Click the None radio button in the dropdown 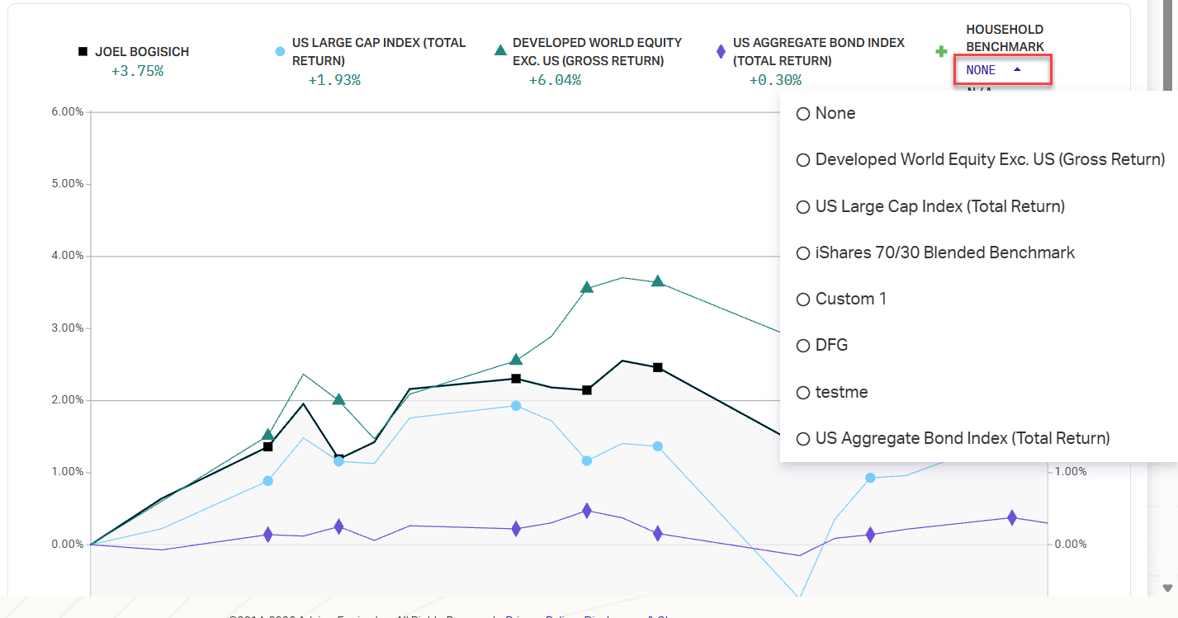pos(802,114)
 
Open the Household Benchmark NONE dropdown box pos(1002,70)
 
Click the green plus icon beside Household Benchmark pos(941,52)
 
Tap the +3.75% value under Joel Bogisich pos(137,71)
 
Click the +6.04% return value pos(555,80)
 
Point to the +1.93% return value pos(334,80)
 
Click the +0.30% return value pos(775,80)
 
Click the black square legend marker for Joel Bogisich pos(83,52)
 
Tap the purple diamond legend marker pos(721,52)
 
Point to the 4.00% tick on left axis pos(63,256)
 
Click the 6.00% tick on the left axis pos(63,111)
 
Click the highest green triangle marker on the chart pos(657,281)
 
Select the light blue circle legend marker pos(280,52)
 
